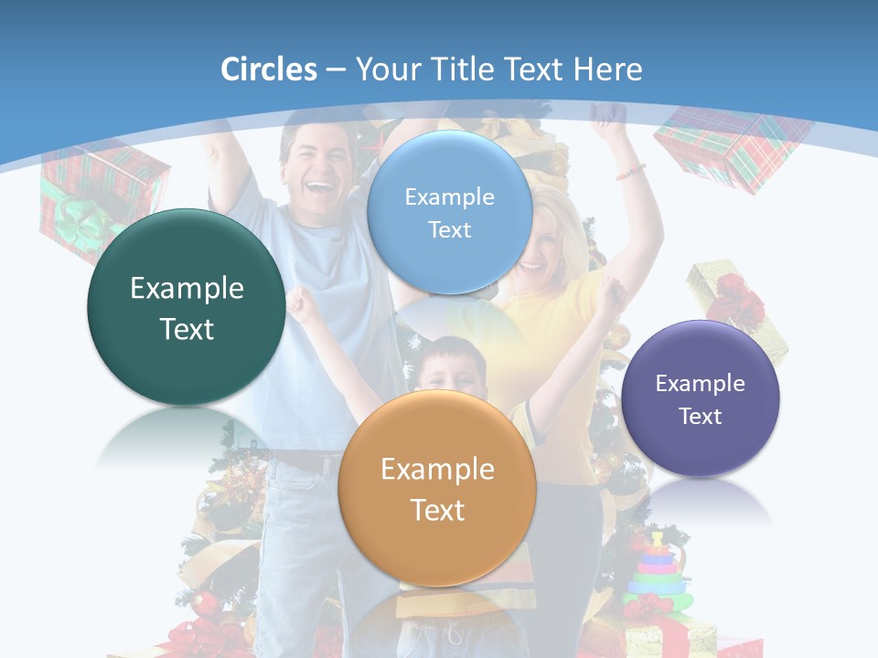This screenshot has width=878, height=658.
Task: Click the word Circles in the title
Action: (268, 69)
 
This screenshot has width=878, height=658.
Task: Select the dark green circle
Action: (187, 307)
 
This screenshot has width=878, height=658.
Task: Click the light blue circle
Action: (449, 212)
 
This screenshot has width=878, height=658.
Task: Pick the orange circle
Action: (437, 488)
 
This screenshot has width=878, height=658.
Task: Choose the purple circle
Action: (701, 398)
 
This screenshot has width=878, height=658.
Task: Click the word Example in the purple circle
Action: (701, 383)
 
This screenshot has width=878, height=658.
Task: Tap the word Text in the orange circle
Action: (437, 510)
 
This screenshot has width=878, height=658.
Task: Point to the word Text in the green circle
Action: (187, 329)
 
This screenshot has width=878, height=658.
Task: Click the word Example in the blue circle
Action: (449, 196)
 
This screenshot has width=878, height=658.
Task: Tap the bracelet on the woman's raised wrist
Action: (630, 171)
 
